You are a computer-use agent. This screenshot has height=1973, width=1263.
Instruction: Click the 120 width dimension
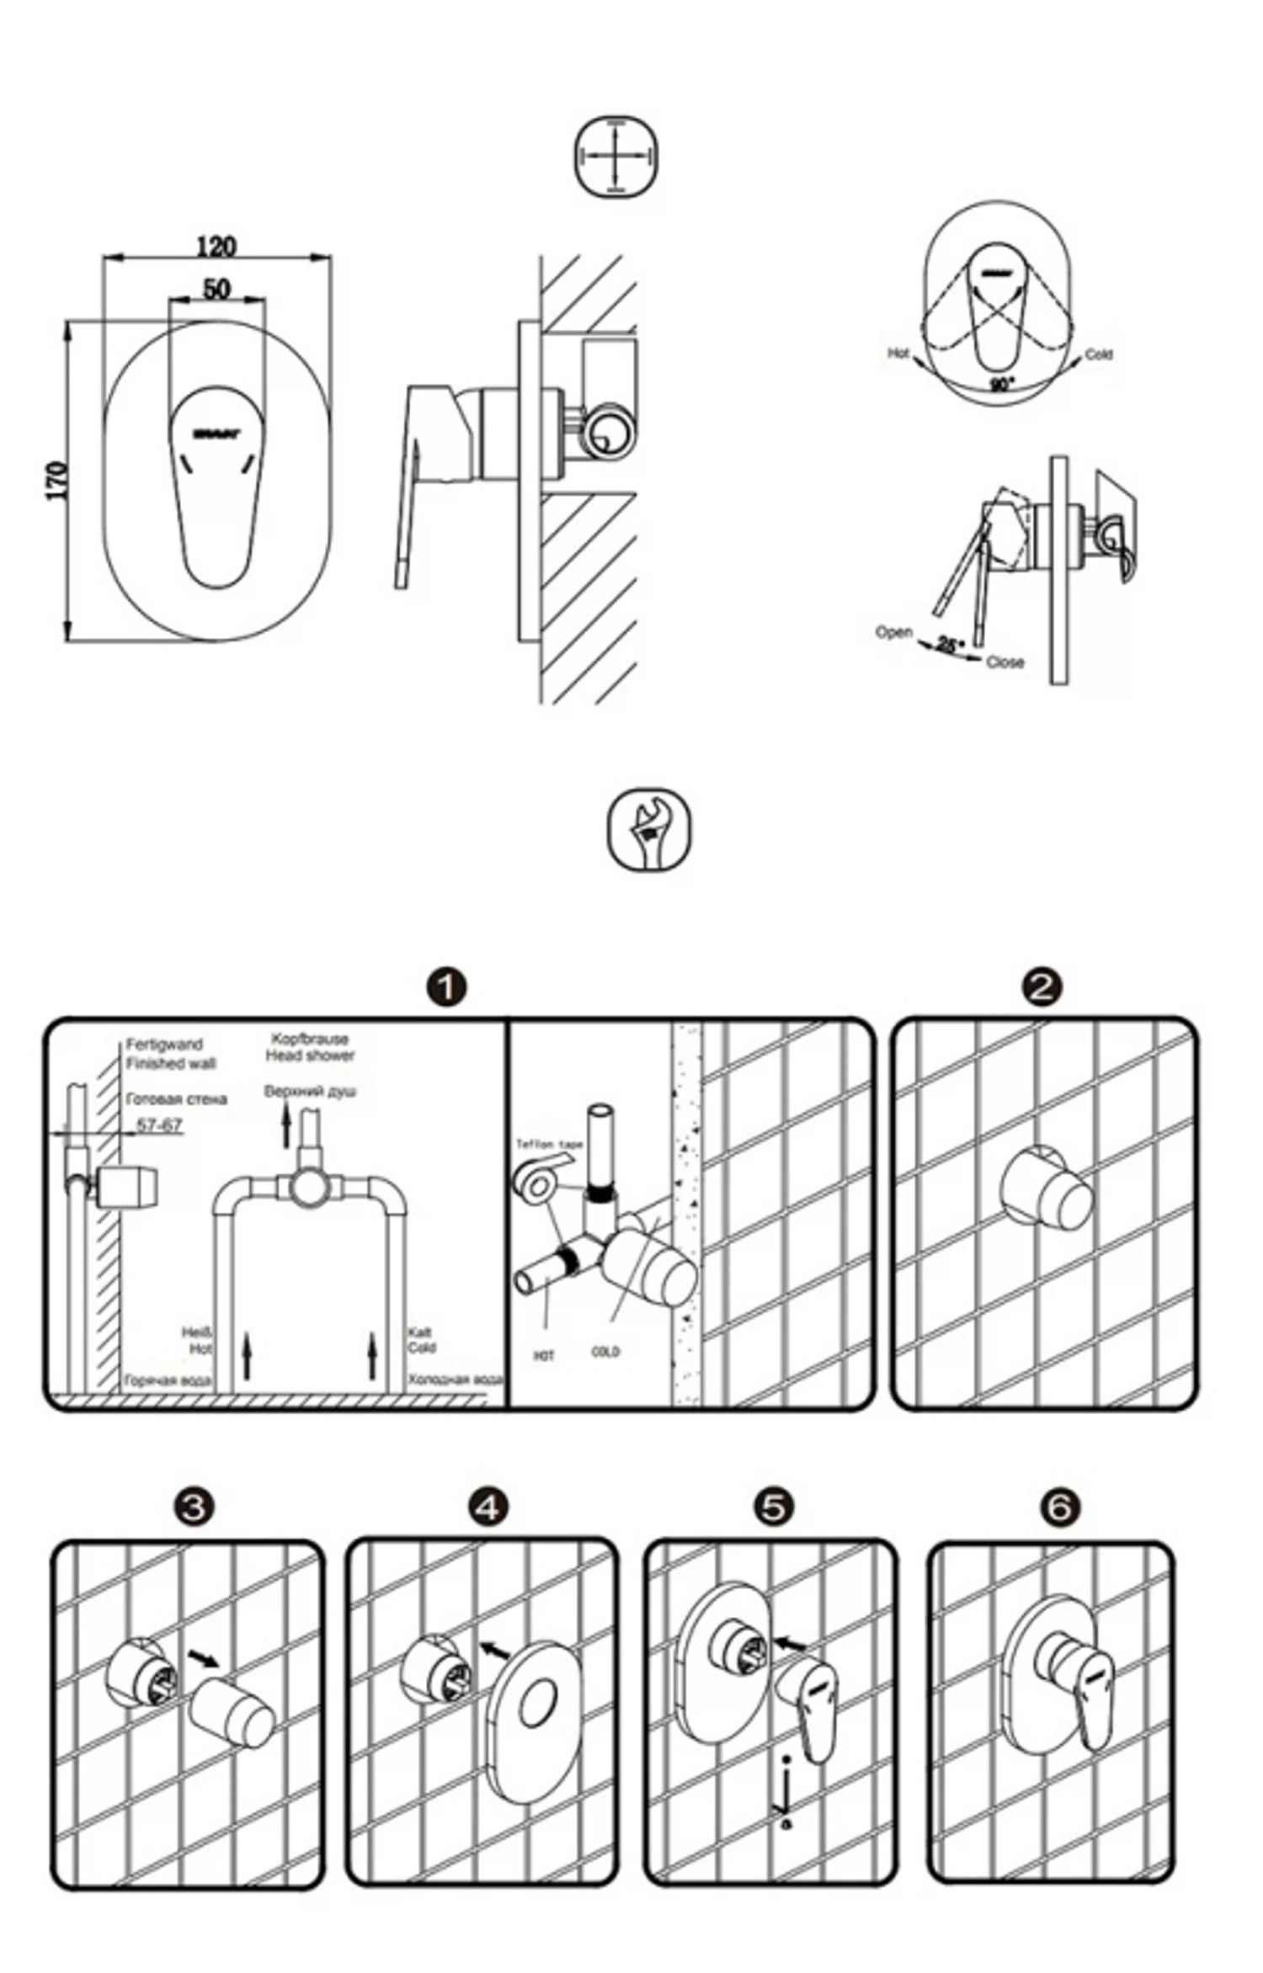[x=216, y=247]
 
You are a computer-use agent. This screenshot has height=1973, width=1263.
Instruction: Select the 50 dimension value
[x=216, y=289]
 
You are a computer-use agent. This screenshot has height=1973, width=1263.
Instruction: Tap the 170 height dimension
[x=56, y=481]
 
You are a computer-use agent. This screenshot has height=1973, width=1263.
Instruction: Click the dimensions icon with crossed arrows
[x=616, y=157]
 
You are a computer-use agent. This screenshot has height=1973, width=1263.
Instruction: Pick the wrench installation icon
[x=648, y=829]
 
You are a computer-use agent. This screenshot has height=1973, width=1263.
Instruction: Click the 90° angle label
[x=1001, y=385]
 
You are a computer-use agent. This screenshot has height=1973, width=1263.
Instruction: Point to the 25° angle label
[x=950, y=646]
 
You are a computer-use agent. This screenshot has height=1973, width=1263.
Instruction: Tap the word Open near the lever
[x=893, y=631]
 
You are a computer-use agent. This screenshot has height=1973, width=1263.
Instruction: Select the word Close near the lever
[x=1005, y=662]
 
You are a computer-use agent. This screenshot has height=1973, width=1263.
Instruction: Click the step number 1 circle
[x=447, y=986]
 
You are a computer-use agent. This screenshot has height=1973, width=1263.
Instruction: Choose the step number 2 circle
[x=1042, y=986]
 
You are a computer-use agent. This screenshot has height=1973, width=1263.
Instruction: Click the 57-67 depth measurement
[x=159, y=1125]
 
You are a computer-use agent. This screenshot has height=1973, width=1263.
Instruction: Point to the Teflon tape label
[x=549, y=1144]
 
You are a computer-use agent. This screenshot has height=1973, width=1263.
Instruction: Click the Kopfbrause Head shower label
[x=310, y=1047]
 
